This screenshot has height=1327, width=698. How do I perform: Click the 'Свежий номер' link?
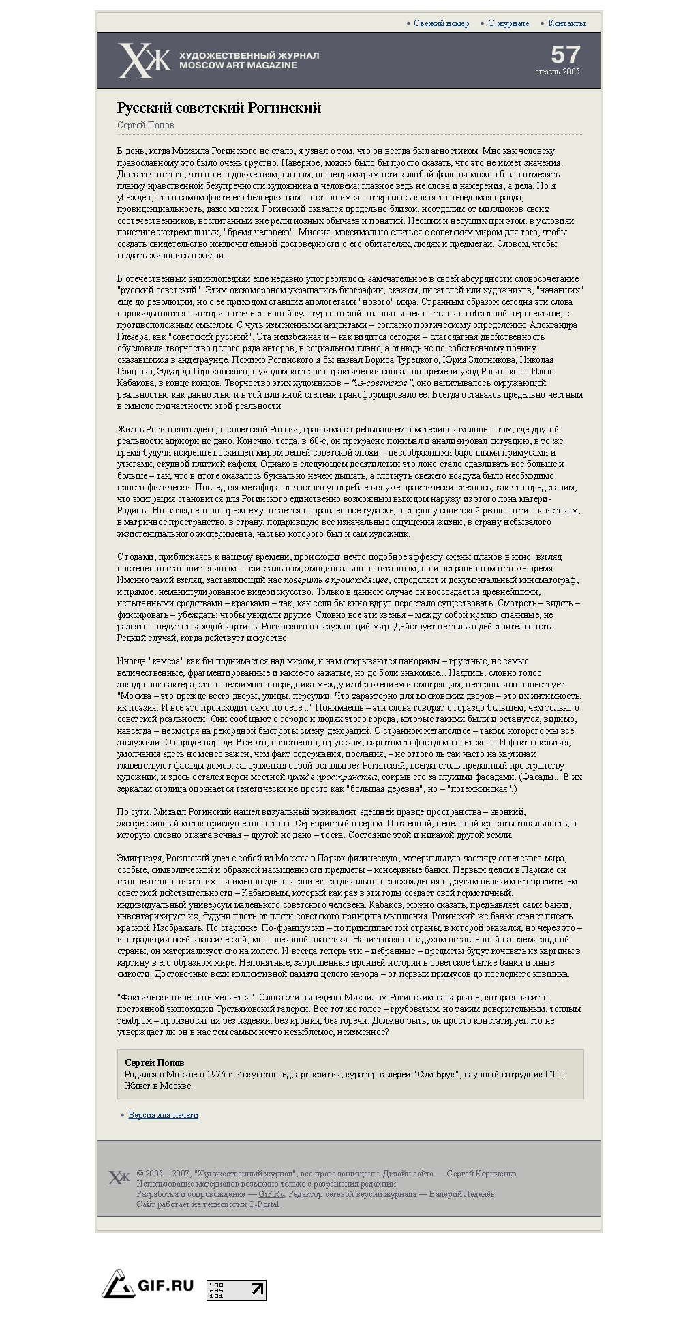(x=441, y=23)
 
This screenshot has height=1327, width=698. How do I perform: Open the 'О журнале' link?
(x=509, y=23)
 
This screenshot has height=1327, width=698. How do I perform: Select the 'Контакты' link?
(x=566, y=23)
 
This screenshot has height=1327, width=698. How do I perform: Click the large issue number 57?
(x=565, y=55)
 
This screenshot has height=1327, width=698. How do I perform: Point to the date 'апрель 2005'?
(x=557, y=72)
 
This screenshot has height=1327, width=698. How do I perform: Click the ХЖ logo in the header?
(x=144, y=60)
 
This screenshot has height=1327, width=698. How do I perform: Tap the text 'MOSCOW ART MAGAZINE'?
(x=238, y=65)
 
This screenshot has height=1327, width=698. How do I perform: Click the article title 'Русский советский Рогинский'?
(x=219, y=108)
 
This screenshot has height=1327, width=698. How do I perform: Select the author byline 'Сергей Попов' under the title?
(x=145, y=125)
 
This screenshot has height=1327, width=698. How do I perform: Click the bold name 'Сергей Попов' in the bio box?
(x=154, y=1062)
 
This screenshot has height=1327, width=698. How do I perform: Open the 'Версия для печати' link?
(x=164, y=1115)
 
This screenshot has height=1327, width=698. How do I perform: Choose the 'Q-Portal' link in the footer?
(x=263, y=1204)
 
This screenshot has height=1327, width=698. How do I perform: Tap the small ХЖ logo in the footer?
(x=119, y=1178)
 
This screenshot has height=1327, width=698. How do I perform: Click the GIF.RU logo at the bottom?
(x=148, y=1285)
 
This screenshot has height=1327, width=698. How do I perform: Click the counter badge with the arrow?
(x=237, y=1290)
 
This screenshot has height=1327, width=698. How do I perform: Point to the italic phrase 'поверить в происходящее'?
(x=336, y=580)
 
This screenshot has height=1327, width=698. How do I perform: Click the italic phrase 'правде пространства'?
(x=332, y=777)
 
